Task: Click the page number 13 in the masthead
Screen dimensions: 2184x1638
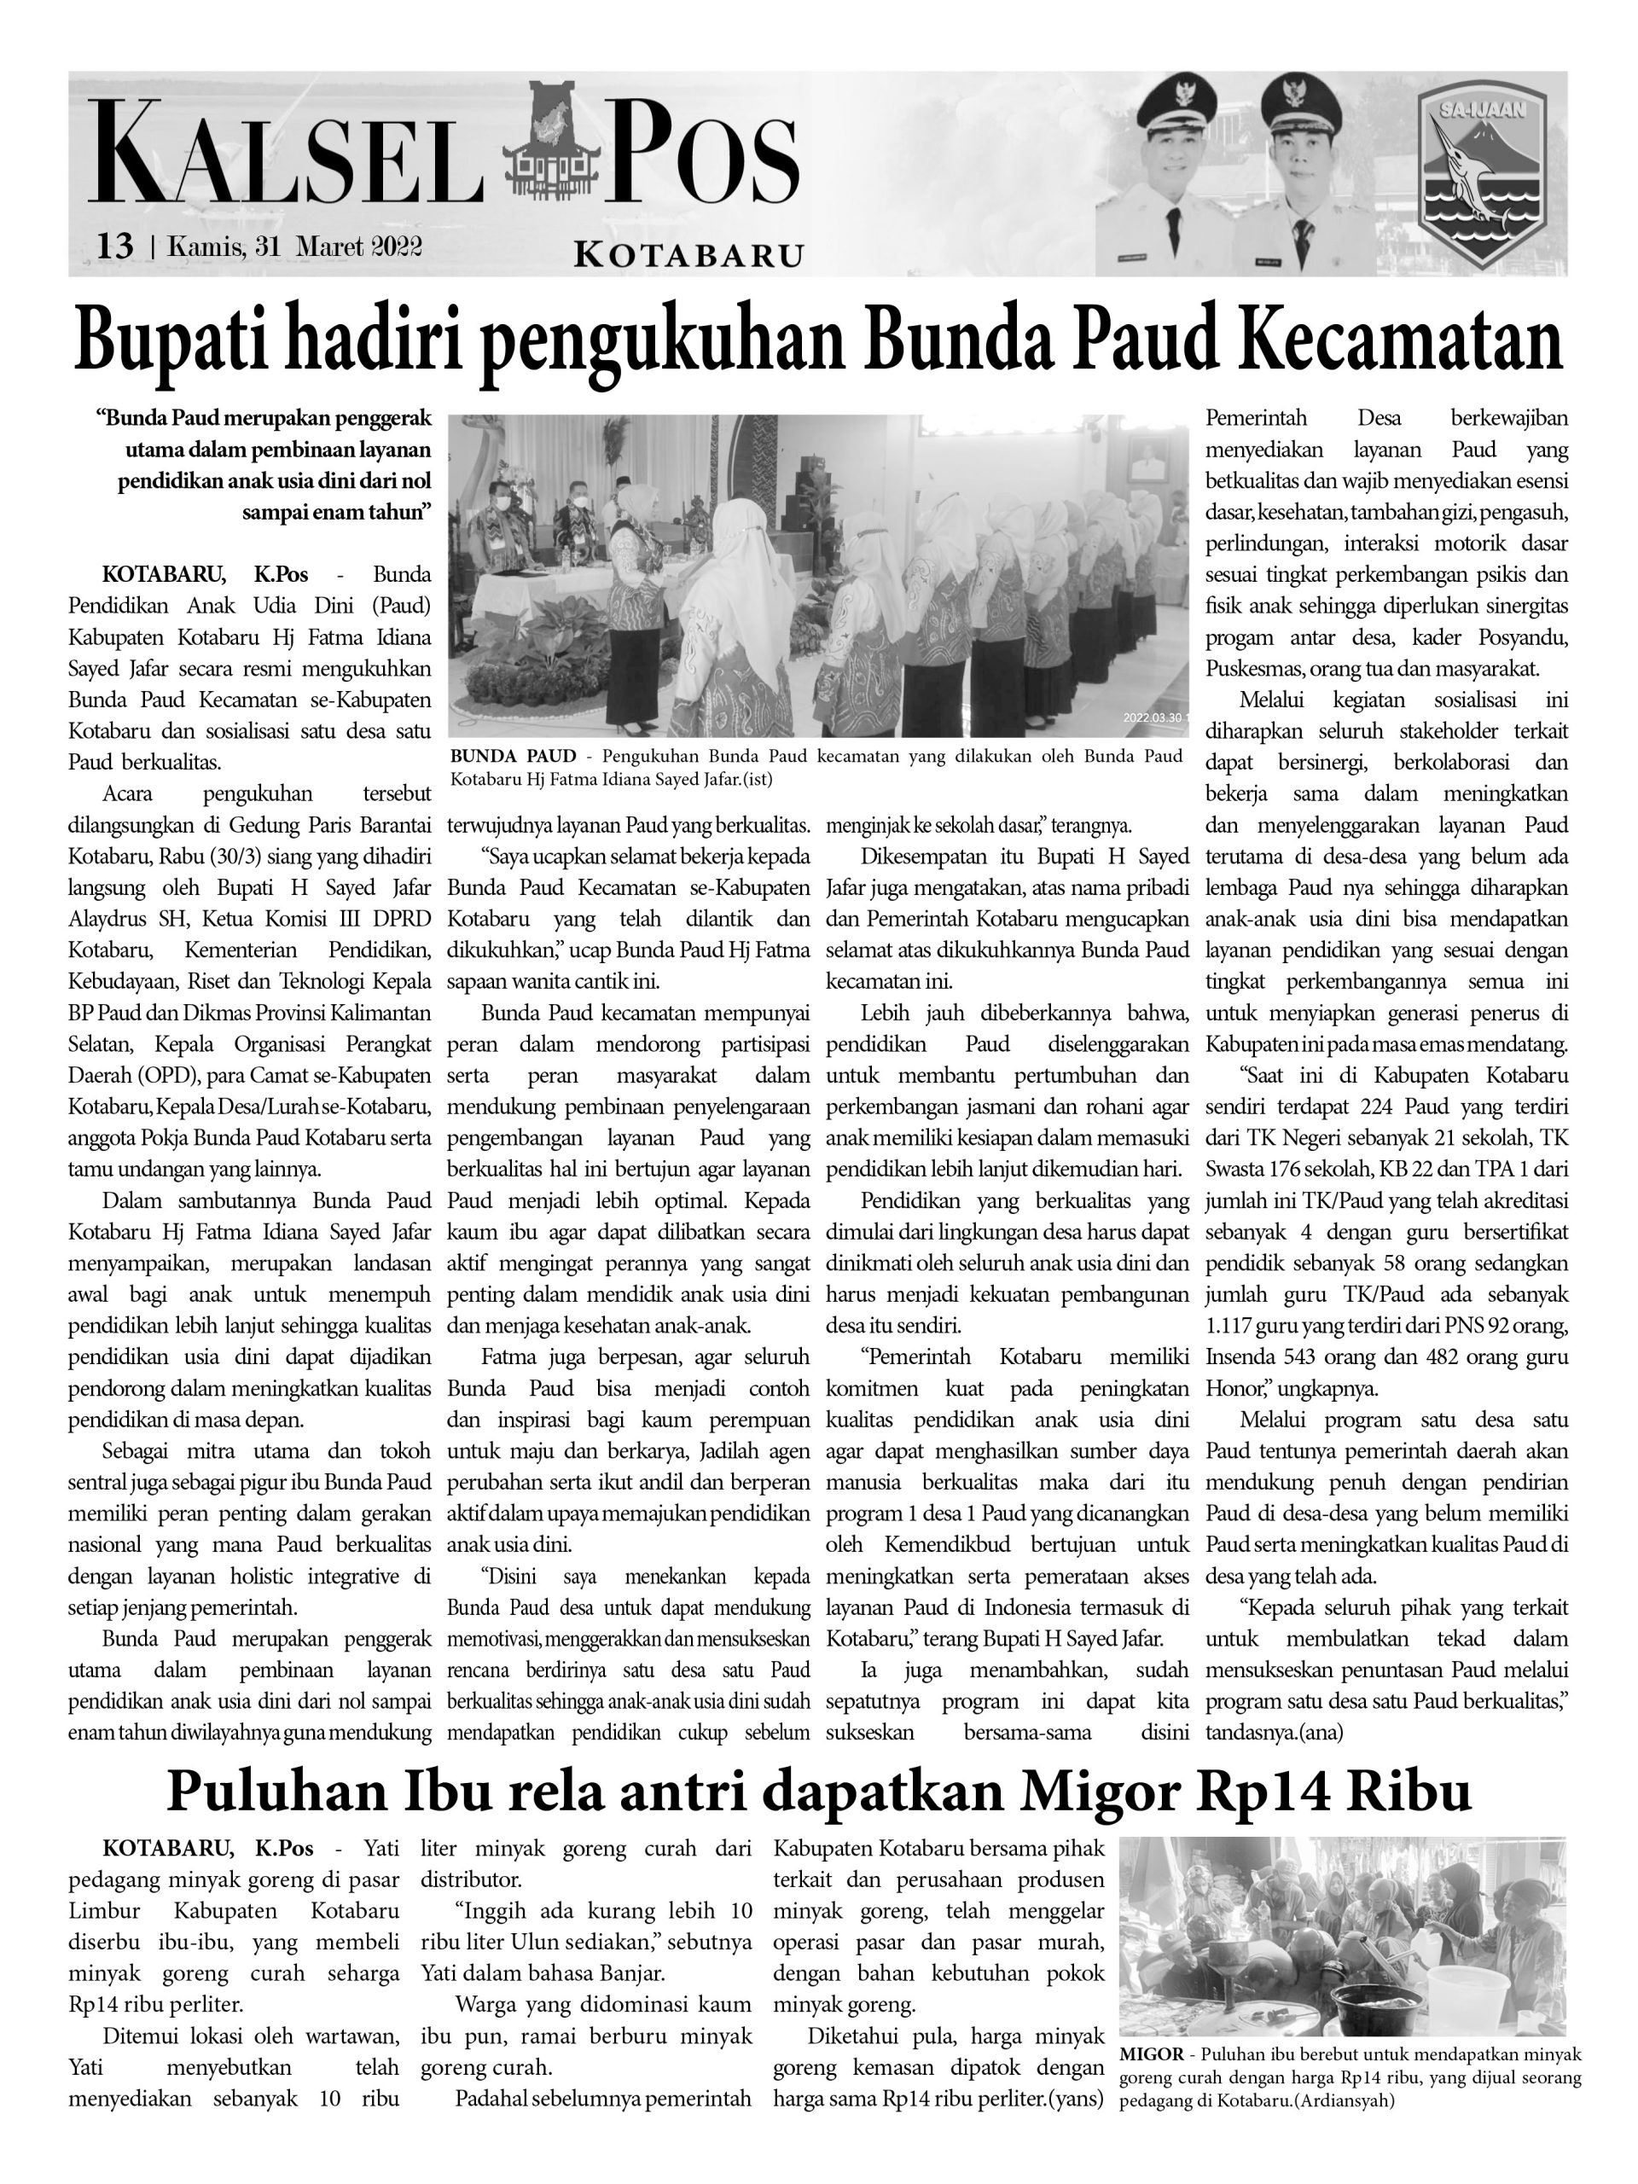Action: pos(114,245)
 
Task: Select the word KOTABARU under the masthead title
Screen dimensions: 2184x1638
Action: pos(688,256)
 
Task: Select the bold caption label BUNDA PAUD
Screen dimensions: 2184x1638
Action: pos(513,757)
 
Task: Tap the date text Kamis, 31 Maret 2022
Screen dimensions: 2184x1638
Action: pos(295,246)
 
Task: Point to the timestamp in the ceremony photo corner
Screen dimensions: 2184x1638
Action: pos(1156,717)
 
